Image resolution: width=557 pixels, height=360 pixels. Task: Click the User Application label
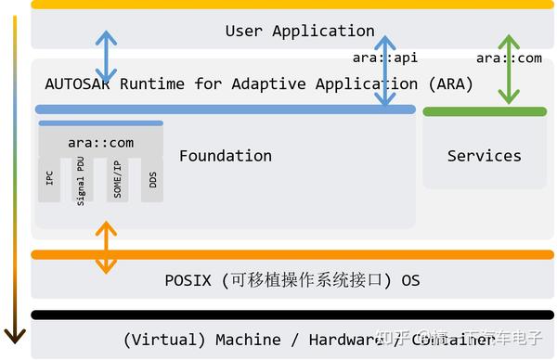point(300,31)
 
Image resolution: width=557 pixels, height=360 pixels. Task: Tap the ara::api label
point(385,58)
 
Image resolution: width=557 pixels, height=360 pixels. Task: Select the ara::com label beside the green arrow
point(509,58)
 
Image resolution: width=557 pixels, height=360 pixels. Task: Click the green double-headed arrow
point(509,70)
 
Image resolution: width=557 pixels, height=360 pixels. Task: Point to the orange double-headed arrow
point(108,248)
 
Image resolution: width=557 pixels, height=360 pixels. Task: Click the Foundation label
point(226,156)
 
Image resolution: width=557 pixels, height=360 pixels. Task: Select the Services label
point(484,156)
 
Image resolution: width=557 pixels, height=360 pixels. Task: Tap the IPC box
point(50,179)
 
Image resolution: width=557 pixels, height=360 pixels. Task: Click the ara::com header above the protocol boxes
point(100,143)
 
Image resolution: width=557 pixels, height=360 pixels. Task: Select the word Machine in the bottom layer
point(248,340)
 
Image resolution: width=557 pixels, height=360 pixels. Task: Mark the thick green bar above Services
point(485,111)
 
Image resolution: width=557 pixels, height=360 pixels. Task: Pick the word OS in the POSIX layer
point(410,279)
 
